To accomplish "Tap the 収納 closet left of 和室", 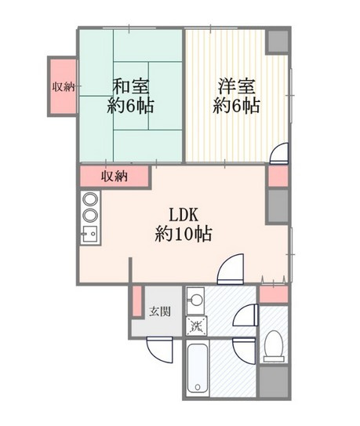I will (62, 87).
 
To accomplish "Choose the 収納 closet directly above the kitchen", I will (114, 176).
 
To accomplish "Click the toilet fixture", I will (274, 346).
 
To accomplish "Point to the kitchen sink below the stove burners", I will (89, 233).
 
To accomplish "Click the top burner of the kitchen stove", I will (89, 198).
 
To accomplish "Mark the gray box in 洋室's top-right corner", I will (278, 41).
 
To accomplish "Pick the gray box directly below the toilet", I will (274, 382).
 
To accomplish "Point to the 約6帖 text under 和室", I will (130, 106).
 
